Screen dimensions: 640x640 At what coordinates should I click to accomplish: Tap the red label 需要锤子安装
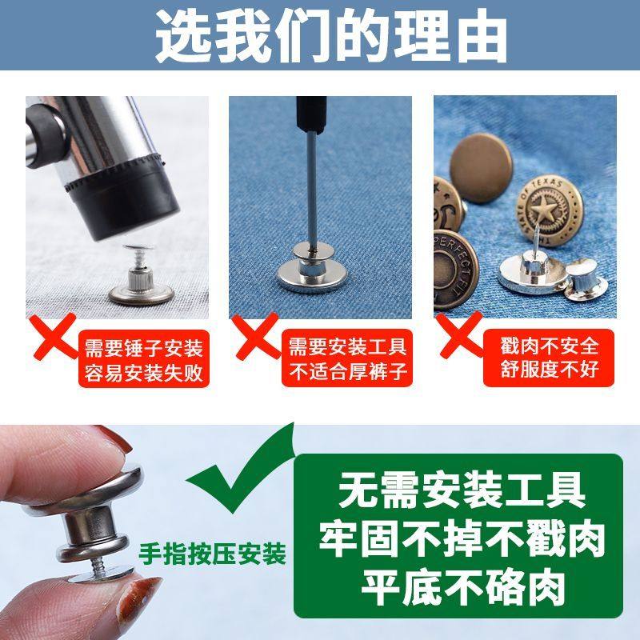pyautogui.click(x=143, y=348)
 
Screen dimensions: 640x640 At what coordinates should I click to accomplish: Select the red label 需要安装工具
pyautogui.click(x=347, y=348)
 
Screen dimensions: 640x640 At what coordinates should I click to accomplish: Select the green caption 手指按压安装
pyautogui.click(x=213, y=554)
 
